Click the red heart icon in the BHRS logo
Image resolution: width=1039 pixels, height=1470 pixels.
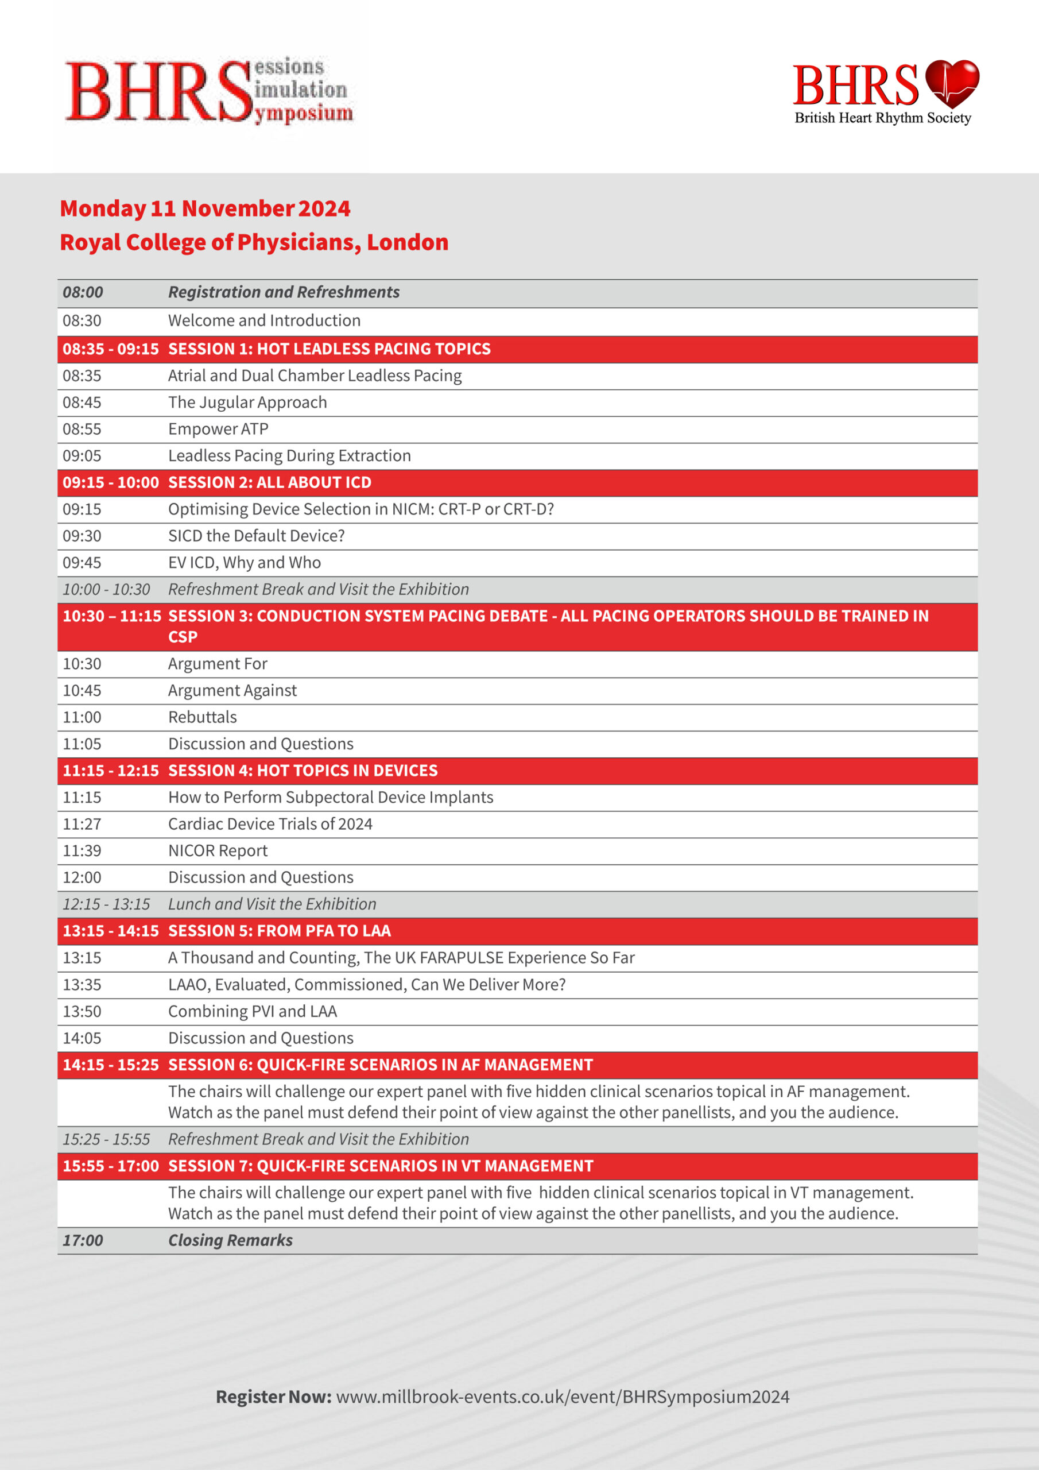[952, 83]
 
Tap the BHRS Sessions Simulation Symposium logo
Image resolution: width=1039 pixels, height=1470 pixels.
[209, 90]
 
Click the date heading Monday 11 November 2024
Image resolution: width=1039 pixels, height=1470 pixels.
[205, 208]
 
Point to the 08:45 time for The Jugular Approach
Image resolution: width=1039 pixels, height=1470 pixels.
[82, 403]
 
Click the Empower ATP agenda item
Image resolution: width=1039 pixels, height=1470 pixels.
[218, 429]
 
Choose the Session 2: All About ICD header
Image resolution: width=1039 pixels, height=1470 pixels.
[270, 483]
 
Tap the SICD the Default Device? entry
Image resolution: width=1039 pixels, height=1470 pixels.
[256, 536]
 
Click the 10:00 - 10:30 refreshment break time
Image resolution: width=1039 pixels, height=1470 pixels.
[106, 590]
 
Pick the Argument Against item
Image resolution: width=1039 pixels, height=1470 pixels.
[232, 691]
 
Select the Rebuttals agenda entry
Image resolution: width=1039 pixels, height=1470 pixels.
[202, 717]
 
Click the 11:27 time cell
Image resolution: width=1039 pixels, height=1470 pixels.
[82, 824]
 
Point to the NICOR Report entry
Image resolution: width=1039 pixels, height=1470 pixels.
[218, 851]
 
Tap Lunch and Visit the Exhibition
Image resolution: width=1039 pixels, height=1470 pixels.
[272, 904]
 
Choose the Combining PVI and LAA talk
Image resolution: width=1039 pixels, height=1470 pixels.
[252, 1012]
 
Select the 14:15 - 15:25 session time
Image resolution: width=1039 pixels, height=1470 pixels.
[111, 1065]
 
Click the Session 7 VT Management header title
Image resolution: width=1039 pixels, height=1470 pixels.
[380, 1166]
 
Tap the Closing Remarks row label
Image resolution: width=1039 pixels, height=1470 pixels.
[230, 1240]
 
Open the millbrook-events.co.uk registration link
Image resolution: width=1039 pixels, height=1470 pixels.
[562, 1396]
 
